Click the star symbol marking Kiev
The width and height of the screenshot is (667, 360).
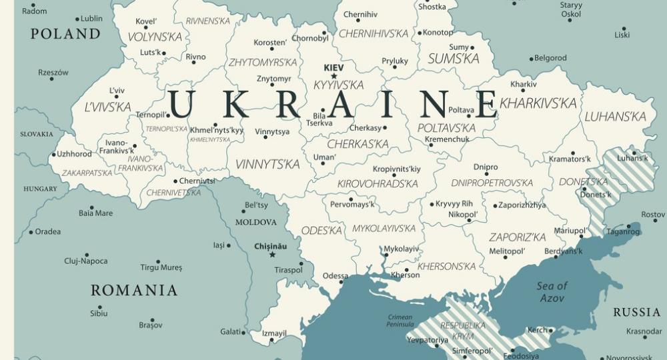[334, 76]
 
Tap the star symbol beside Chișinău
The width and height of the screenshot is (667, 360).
[271, 255]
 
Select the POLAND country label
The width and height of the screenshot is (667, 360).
[65, 33]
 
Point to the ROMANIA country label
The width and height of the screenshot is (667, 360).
[134, 290]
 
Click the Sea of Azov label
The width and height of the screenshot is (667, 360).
[552, 292]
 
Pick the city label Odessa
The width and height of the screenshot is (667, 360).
[336, 275]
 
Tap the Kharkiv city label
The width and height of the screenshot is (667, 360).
[523, 84]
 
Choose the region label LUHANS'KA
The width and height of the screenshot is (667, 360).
[615, 117]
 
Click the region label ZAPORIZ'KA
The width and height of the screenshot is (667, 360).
[517, 237]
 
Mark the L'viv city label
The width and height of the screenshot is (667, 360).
[117, 91]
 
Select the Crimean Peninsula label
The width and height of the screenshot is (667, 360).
[400, 321]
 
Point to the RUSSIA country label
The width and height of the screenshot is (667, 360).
[636, 312]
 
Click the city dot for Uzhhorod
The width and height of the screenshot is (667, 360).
[53, 155]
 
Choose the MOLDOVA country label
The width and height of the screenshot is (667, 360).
[255, 222]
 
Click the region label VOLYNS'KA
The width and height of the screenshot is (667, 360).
[154, 37]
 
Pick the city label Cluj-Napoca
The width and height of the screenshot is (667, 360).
[85, 261]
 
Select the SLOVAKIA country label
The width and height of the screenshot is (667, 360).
[36, 134]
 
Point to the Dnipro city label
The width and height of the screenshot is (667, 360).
[486, 167]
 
